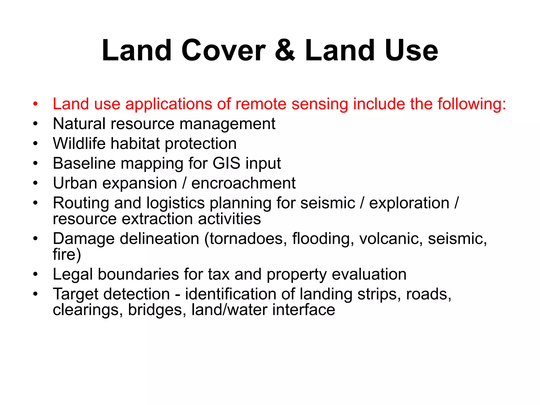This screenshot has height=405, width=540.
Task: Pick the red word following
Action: tap(472, 104)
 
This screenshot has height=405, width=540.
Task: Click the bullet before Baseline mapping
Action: tap(36, 163)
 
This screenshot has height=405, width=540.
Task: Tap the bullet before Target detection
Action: tap(36, 294)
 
